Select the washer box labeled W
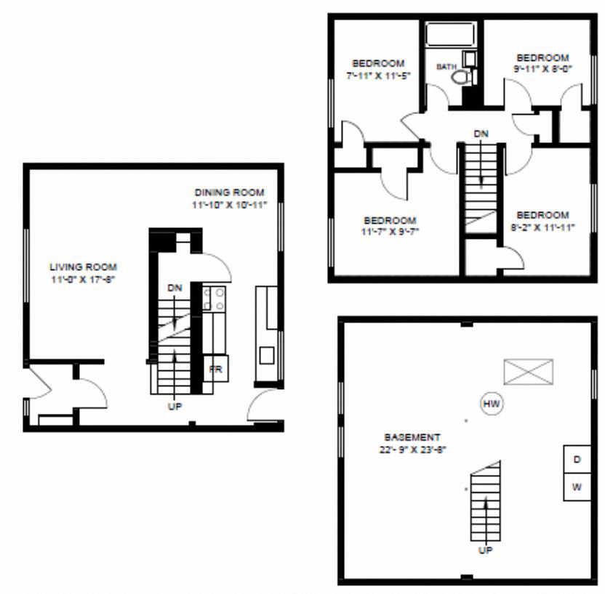[577, 487]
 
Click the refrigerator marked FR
[216, 368]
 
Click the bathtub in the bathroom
[450, 36]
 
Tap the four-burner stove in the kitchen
[214, 298]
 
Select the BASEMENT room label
[412, 437]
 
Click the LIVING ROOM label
[83, 267]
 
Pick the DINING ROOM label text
[230, 192]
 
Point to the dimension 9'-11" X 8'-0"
[542, 70]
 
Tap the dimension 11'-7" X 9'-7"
[390, 232]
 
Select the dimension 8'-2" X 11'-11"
[542, 227]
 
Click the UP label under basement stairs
[485, 550]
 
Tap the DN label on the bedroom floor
[481, 134]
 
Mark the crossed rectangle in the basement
[528, 372]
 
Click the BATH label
[445, 67]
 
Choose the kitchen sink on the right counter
[267, 355]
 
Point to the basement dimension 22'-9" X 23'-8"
[412, 449]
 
